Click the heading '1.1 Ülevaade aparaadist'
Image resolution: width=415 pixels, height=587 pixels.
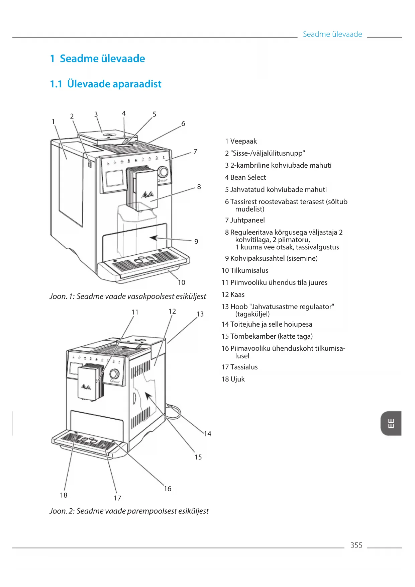tap(106, 84)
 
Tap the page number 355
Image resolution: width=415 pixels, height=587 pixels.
tap(356, 545)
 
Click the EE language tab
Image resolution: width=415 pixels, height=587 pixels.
tap(391, 423)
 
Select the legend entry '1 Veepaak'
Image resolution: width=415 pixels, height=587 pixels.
tap(241, 141)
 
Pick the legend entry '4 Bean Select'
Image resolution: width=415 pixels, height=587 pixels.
tap(245, 177)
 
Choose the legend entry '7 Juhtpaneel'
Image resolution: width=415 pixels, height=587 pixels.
tap(245, 220)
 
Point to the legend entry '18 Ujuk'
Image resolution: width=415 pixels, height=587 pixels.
tap(233, 379)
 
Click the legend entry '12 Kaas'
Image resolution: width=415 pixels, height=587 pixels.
tap(233, 295)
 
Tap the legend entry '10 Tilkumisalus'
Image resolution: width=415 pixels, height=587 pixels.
tap(245, 270)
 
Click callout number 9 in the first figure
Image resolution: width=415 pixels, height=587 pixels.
tap(196, 241)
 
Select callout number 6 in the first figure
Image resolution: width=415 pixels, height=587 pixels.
tap(183, 123)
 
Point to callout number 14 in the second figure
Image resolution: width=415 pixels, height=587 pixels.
tap(208, 434)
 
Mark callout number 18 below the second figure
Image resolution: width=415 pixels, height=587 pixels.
tap(64, 495)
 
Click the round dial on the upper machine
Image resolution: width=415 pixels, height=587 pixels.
tap(163, 172)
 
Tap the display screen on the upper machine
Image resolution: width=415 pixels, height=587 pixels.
tap(114, 178)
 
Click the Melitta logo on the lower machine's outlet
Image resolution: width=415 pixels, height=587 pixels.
tap(86, 387)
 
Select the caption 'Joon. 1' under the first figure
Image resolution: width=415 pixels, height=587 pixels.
tap(128, 297)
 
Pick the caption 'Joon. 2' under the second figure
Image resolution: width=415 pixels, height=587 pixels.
tap(129, 511)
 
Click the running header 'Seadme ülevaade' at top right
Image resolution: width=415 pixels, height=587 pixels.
tap(332, 34)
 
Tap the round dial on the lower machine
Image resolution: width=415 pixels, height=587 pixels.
tap(114, 374)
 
